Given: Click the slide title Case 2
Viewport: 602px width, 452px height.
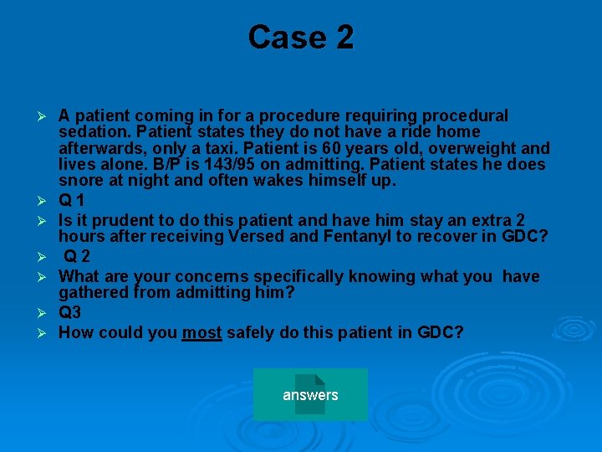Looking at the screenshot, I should coord(301,38).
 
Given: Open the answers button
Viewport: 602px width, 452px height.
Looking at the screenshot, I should coord(310,394).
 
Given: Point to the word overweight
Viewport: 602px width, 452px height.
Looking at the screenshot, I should coord(480,148).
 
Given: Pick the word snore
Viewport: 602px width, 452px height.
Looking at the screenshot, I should coord(80,181).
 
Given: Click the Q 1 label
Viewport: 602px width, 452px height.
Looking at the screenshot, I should coord(71,201).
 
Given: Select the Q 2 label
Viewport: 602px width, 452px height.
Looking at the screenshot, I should coord(78,257).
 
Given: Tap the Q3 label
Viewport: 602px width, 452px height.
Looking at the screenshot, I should coord(70,313).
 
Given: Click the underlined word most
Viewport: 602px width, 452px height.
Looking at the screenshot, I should coord(202,333).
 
